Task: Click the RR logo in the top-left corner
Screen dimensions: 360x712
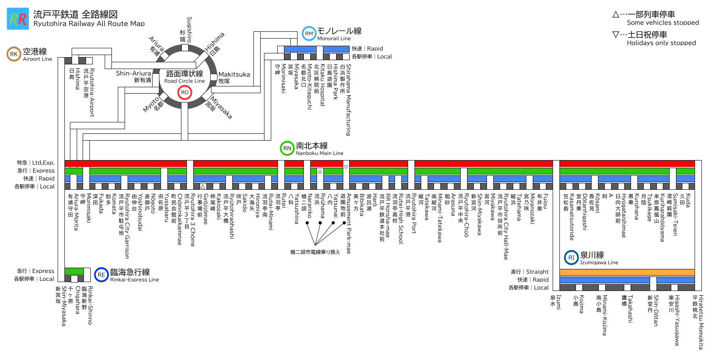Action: click(18, 19)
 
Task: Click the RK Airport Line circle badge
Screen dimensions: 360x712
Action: click(14, 54)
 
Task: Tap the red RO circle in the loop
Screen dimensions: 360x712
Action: click(184, 92)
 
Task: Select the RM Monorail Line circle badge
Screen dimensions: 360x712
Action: click(309, 33)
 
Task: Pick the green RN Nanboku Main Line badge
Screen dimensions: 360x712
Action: click(287, 148)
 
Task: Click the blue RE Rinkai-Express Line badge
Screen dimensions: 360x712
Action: click(101, 274)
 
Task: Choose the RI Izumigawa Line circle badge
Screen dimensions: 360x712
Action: click(571, 258)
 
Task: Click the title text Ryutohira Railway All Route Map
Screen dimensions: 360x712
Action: click(89, 24)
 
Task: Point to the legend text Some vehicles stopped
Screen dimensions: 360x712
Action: click(663, 23)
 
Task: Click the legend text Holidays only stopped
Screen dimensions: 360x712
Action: click(661, 43)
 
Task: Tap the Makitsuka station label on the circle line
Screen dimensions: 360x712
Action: click(234, 75)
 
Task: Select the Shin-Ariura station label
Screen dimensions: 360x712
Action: click(133, 73)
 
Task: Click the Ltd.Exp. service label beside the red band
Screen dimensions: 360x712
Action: click(43, 163)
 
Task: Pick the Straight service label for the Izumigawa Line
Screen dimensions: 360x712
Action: click(537, 272)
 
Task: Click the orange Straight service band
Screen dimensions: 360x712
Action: click(627, 272)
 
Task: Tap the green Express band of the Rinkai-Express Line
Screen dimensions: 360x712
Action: click(74, 271)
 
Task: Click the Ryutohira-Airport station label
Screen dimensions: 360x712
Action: click(92, 92)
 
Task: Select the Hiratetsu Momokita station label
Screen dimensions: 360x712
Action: click(701, 322)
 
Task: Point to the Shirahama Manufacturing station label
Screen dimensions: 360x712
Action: click(348, 100)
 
